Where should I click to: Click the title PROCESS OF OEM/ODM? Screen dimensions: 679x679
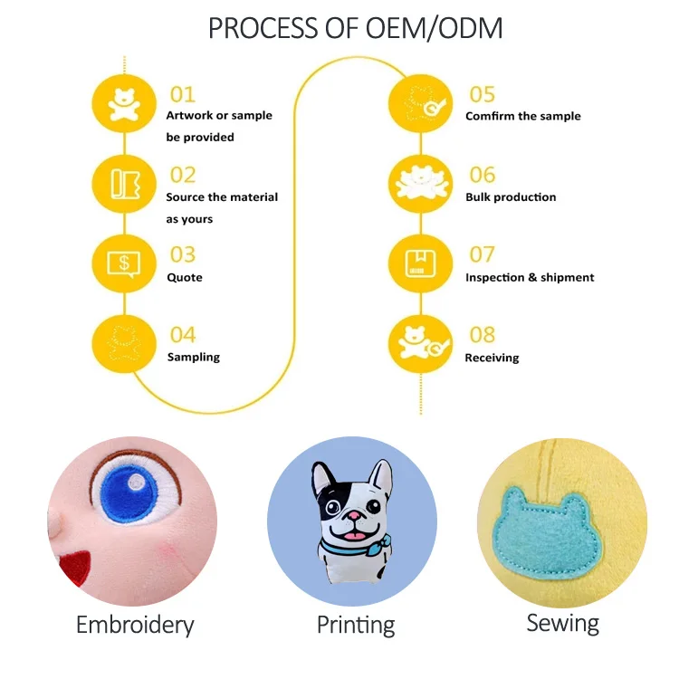(355, 28)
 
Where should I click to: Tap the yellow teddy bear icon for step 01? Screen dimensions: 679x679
(124, 102)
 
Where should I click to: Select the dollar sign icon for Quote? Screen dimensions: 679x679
(124, 263)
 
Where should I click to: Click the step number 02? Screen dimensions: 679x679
(183, 175)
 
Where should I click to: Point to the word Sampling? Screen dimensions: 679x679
(193, 358)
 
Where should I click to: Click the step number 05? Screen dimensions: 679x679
(482, 94)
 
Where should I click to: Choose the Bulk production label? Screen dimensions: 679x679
(511, 197)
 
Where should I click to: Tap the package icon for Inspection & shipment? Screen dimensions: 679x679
(420, 263)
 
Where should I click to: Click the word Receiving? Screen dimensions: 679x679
(492, 358)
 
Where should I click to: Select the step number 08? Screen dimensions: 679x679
(482, 335)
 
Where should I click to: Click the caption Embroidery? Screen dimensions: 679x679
(135, 625)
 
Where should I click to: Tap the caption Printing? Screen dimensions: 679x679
(356, 625)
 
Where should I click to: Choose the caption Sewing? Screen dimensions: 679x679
(562, 623)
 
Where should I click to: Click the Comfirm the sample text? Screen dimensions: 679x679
(522, 117)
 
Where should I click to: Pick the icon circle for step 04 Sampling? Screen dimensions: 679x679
(124, 344)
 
